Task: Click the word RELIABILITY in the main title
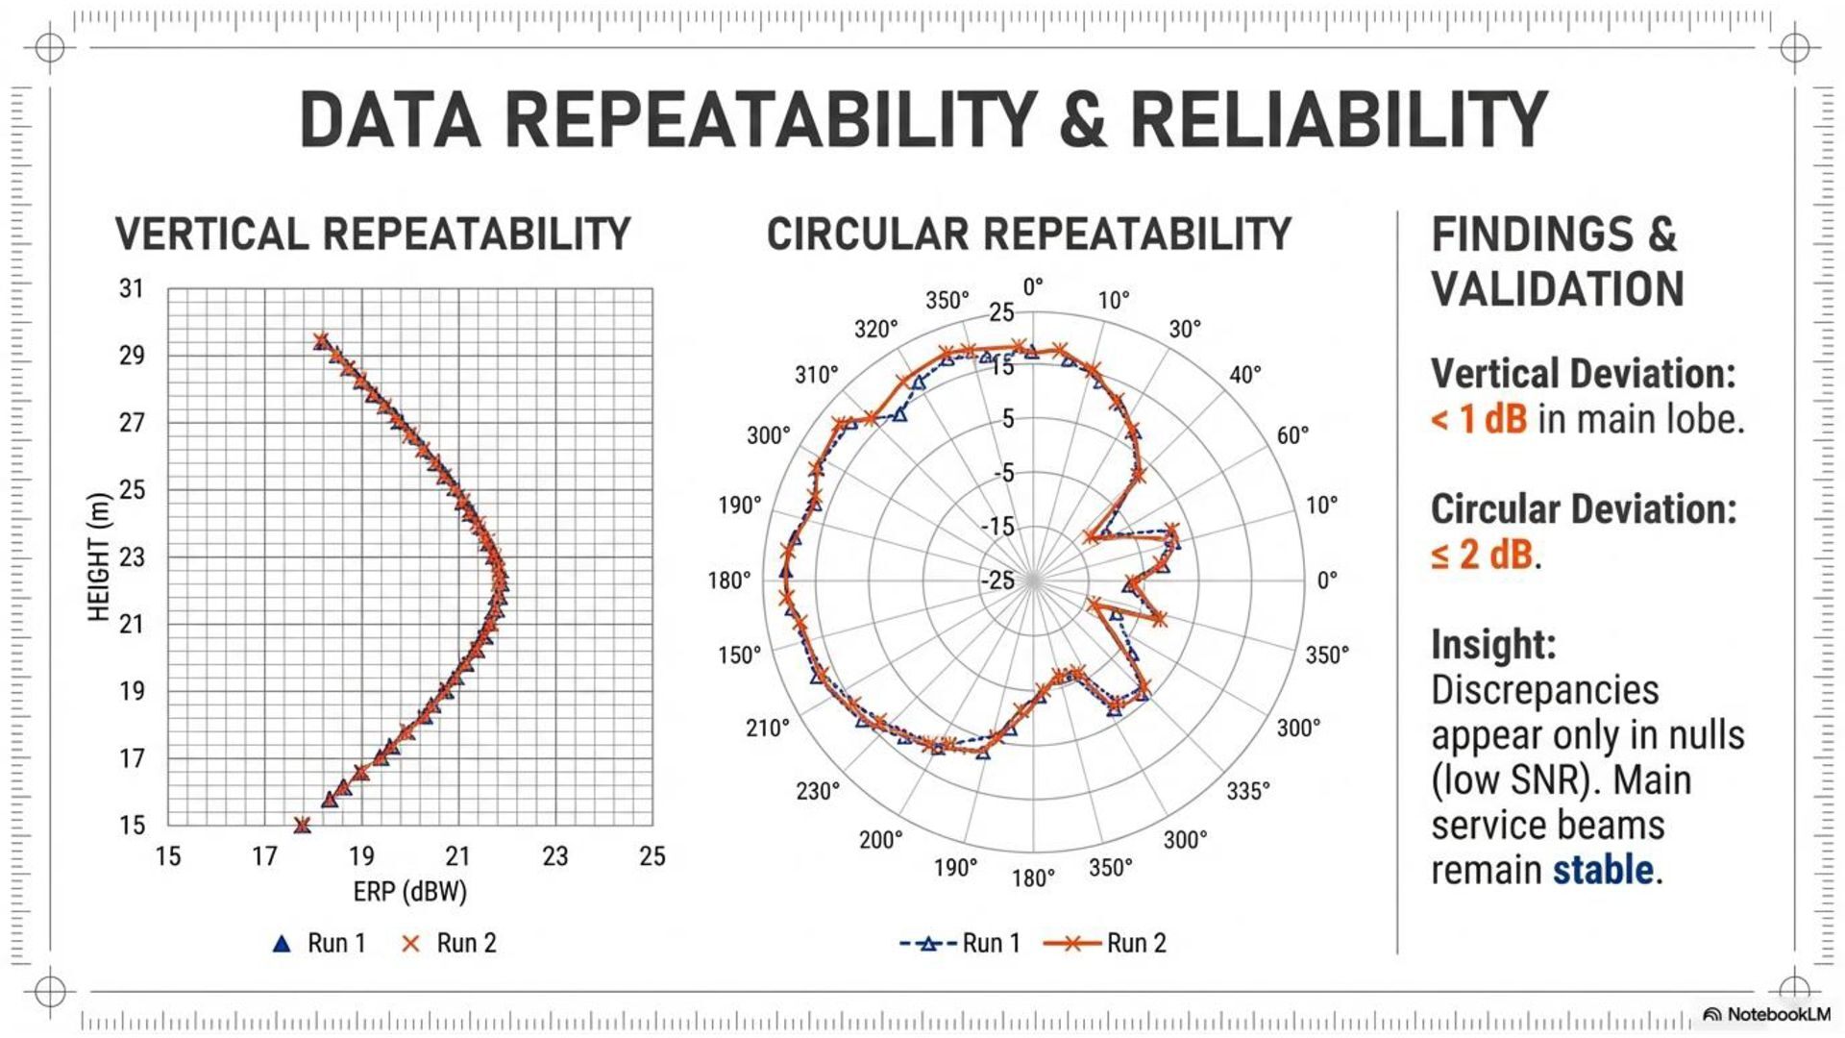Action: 1338,120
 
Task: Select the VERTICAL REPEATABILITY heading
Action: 373,235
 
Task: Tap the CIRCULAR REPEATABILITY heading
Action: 1029,235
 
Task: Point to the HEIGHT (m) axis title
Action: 99,557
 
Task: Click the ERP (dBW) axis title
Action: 409,892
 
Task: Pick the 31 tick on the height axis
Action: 132,288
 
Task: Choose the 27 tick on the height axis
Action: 132,423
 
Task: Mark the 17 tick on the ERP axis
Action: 264,856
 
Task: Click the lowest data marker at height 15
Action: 303,826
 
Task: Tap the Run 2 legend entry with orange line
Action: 1105,943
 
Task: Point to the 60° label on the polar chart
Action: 1292,435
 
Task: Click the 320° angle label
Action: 875,330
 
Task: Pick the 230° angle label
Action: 818,791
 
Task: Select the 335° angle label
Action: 1247,791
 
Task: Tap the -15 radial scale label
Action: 997,527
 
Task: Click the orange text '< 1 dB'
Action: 1478,420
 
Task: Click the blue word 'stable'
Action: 1603,870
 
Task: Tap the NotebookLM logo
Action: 1766,1014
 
